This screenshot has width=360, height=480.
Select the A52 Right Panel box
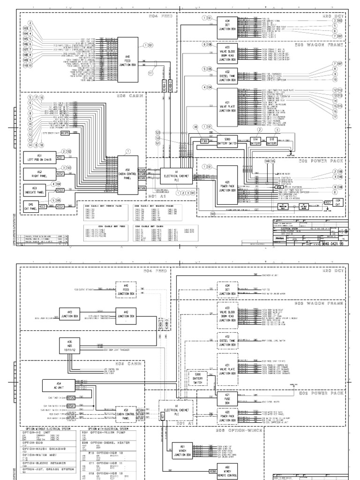pyautogui.click(x=39, y=174)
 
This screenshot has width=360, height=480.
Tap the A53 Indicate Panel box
pyautogui.click(x=39, y=190)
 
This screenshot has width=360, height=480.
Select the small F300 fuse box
pyautogui.click(x=204, y=141)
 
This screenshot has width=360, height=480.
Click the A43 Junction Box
pyautogui.click(x=69, y=314)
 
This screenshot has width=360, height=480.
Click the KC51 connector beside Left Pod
pyautogui.click(x=60, y=157)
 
